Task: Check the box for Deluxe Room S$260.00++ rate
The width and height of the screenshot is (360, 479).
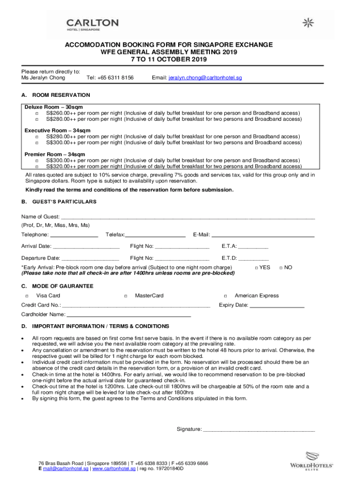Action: [x=36, y=113]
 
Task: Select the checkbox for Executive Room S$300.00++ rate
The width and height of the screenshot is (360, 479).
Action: [x=36, y=143]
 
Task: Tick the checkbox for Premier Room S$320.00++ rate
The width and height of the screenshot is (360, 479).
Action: [x=36, y=166]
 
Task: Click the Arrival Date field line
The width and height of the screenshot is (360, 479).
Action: [x=86, y=247]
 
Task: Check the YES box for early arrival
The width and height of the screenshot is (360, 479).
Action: [x=256, y=268]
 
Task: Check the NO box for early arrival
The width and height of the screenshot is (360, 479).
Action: [x=281, y=268]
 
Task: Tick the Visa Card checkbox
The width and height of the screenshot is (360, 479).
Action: [x=27, y=296]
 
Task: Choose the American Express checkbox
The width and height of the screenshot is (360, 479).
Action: [x=225, y=296]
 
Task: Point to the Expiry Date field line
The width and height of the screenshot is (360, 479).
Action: [x=277, y=306]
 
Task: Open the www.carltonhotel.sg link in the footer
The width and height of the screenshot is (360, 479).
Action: [x=114, y=468]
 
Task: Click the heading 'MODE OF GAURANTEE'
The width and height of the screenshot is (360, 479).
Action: [x=63, y=286]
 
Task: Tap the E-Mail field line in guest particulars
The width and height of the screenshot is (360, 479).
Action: [x=263, y=235]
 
